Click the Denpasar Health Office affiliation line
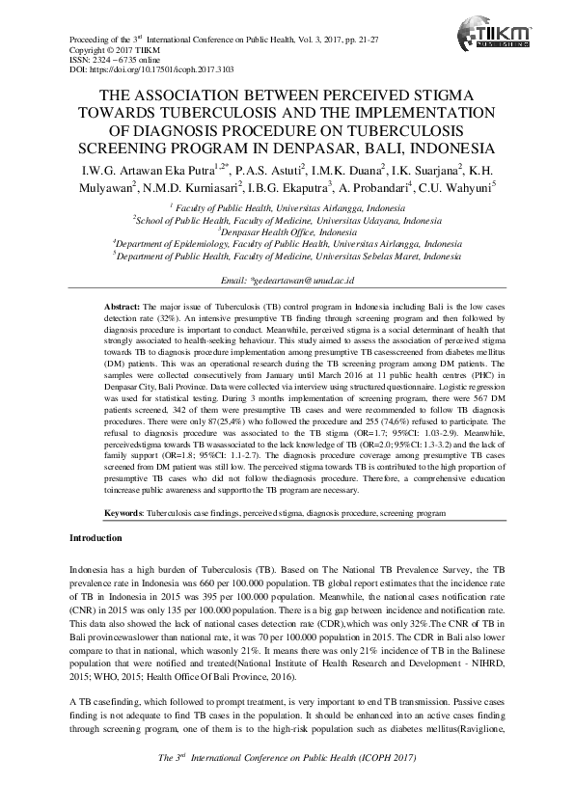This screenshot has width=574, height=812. pos(287,231)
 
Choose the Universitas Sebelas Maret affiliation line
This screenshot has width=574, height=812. pos(287,257)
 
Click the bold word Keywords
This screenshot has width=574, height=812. pos(124,515)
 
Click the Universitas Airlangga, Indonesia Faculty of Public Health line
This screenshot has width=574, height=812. pos(287,207)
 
